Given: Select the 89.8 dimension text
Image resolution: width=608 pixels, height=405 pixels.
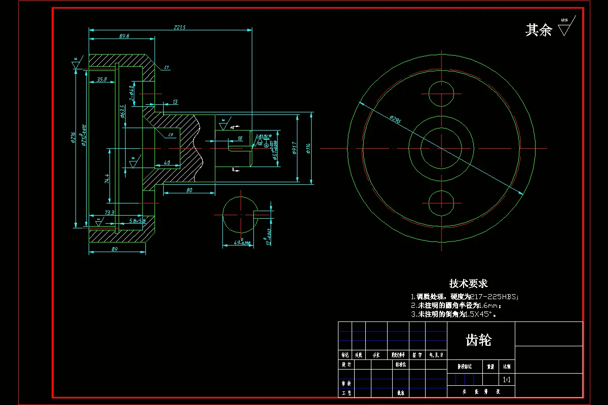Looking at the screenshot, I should tap(124, 36).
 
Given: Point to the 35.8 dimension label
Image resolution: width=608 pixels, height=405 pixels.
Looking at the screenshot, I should tap(102, 79).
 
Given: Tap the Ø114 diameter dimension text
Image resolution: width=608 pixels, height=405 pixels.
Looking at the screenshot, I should tap(308, 148).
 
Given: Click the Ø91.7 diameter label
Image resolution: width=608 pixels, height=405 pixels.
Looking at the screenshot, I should tap(294, 148).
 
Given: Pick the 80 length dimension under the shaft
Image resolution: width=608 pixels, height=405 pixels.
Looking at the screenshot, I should tap(189, 190).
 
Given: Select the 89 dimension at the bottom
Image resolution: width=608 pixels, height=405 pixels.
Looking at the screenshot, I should tap(114, 250).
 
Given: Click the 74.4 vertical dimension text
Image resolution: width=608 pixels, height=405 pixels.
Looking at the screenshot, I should tap(107, 179).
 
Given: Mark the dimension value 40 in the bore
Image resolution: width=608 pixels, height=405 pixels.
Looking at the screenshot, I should tap(167, 163).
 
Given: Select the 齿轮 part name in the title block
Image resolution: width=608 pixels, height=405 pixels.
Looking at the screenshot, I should tap(478, 340).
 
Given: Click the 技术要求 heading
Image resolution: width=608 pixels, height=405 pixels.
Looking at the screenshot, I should tap(468, 283).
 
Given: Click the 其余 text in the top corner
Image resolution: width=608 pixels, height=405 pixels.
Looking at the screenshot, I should tap(538, 30).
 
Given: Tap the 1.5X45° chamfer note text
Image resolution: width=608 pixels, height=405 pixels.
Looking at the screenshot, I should tap(480, 314).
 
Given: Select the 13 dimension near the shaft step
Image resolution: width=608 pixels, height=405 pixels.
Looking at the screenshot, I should tap(175, 102).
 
